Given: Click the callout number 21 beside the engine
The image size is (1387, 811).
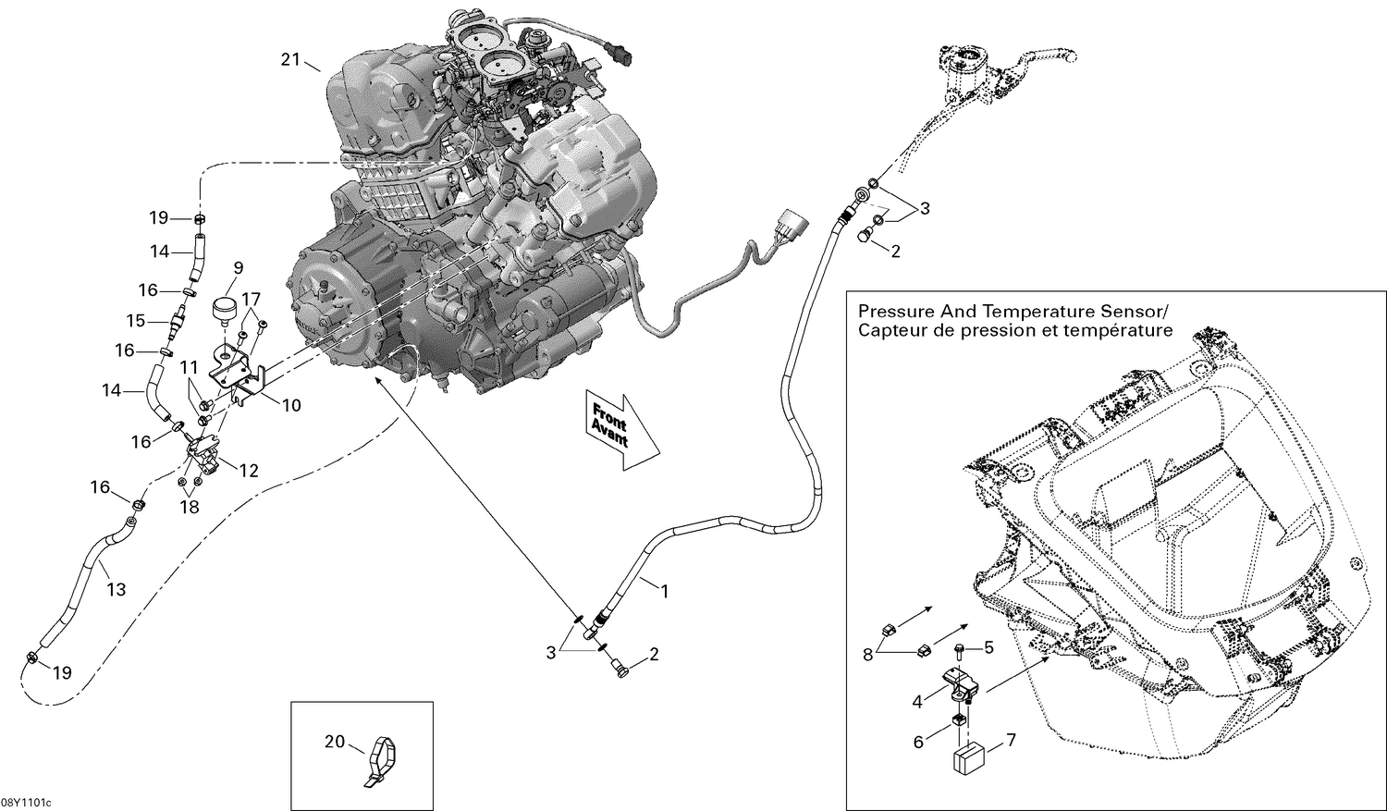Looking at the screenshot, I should pyautogui.click(x=291, y=60).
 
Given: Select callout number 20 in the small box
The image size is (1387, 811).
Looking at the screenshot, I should pyautogui.click(x=334, y=741).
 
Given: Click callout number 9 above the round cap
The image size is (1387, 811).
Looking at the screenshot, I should pyautogui.click(x=238, y=268).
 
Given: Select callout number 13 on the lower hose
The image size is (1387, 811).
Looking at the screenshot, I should pyautogui.click(x=116, y=589).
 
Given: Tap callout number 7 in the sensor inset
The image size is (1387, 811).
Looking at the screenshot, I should pyautogui.click(x=1011, y=740).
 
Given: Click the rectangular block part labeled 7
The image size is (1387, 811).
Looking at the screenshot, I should pyautogui.click(x=967, y=758).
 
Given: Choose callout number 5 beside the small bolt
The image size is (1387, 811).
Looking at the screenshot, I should pyautogui.click(x=988, y=647).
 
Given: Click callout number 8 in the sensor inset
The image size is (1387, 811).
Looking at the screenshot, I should pyautogui.click(x=867, y=654).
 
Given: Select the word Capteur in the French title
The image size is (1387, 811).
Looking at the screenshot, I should pyautogui.click(x=890, y=331).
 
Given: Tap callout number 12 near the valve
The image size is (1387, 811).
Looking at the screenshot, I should pyautogui.click(x=249, y=471).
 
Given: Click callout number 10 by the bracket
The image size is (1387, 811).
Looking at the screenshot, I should pyautogui.click(x=291, y=405).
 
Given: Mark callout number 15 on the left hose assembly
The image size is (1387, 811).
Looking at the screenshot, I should pyautogui.click(x=136, y=321).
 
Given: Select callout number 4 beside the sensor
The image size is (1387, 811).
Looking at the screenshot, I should pyautogui.click(x=917, y=703).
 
